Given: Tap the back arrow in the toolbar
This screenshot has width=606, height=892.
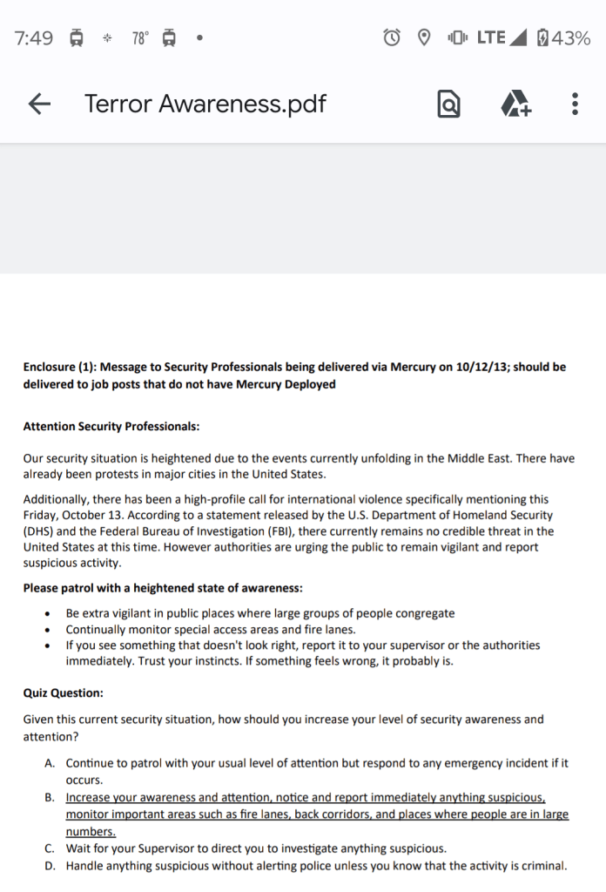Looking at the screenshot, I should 39,105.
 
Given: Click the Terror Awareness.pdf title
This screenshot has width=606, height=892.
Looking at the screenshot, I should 205,105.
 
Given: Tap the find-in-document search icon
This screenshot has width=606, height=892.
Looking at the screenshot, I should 448,105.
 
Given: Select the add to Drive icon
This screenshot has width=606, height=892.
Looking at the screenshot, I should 515,105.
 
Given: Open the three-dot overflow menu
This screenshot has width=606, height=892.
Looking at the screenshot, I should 575,105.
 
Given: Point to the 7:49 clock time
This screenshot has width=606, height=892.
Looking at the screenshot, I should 34,38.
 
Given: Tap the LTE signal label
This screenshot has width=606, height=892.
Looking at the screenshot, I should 491,38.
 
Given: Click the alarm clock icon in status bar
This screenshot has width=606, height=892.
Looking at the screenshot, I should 393,38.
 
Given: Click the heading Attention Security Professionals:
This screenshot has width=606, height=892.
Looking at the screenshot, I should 111,427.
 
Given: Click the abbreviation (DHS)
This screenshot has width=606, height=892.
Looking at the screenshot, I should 38,530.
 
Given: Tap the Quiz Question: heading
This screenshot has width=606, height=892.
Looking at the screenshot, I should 63,693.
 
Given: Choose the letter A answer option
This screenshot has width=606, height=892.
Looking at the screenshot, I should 50,763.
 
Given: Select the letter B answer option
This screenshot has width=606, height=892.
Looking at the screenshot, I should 50,797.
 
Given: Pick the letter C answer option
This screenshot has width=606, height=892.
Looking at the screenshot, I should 50,848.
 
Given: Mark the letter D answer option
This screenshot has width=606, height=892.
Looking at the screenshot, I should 50,866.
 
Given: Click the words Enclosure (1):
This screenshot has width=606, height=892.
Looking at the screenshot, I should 62,367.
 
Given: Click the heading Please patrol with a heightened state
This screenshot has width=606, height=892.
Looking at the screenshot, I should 162,588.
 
